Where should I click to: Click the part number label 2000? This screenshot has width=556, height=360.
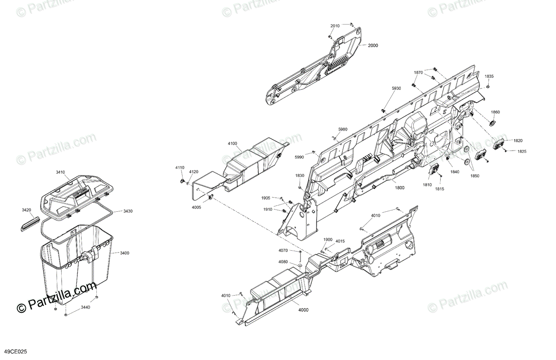tap(373, 45)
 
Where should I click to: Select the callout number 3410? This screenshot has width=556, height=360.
tap(60, 172)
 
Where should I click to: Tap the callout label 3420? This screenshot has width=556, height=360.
tap(26, 210)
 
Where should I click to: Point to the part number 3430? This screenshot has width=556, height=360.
tap(127, 211)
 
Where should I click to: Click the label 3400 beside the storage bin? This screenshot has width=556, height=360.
tap(124, 253)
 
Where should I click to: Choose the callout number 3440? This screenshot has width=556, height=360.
tap(85, 307)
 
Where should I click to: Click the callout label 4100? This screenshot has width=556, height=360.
tap(232, 144)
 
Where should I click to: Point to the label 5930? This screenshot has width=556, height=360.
tap(396, 88)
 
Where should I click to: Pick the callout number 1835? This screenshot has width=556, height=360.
tap(489, 76)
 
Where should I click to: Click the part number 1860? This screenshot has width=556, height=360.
tap(495, 112)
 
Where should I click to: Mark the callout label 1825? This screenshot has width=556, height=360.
tap(522, 152)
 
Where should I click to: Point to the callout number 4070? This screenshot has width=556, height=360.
tap(283, 251)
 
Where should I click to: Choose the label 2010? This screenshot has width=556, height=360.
tap(335, 25)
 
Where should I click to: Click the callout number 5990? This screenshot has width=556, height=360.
tap(299, 158)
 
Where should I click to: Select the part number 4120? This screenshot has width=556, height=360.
tap(194, 172)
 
